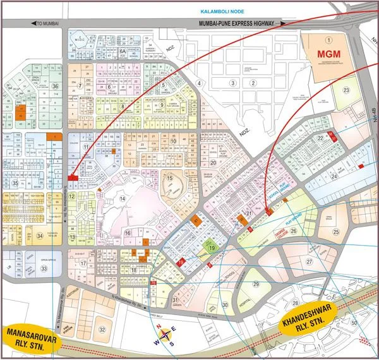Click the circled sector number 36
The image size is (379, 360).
(x=56, y=86)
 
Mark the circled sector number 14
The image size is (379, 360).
(x=124, y=199)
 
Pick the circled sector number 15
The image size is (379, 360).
(x=169, y=179)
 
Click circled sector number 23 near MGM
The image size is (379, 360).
(x=346, y=90)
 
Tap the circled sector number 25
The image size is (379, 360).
(x=336, y=232)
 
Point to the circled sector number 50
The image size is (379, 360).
(x=354, y=323)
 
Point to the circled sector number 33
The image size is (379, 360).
(x=44, y=268)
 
